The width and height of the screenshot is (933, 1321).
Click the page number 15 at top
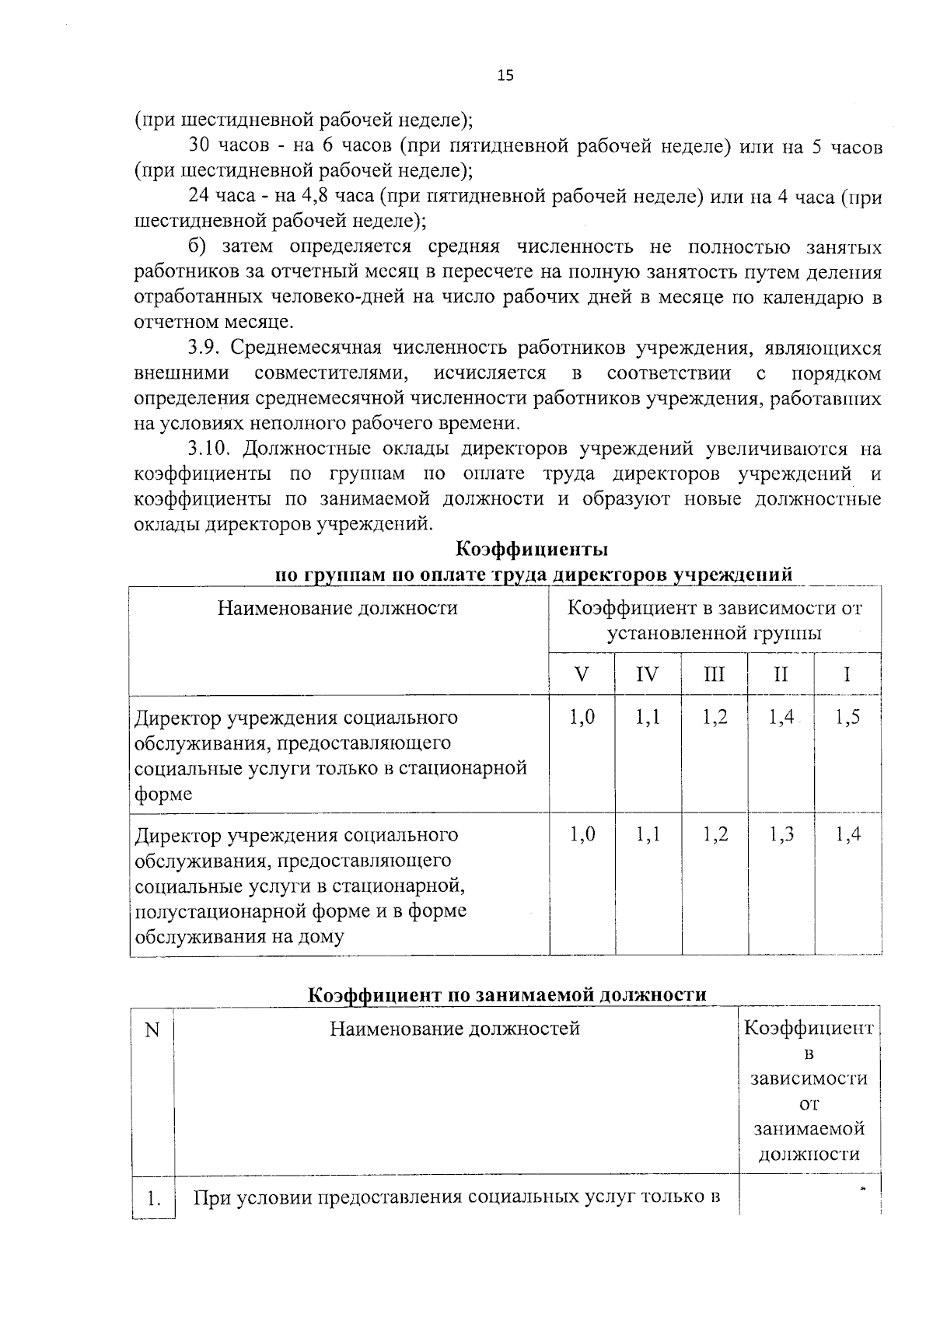tap(505, 75)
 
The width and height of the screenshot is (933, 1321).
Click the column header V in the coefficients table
tap(582, 673)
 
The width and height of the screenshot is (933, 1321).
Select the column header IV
tap(647, 673)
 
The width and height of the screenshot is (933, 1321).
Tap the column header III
tap(714, 673)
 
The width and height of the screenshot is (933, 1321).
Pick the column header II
tap(781, 673)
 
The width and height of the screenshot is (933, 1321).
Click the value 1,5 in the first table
tap(847, 718)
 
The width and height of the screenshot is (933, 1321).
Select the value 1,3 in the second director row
tap(781, 835)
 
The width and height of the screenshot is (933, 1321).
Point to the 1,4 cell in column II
tap(781, 718)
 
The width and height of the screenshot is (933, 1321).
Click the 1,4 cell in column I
tap(847, 835)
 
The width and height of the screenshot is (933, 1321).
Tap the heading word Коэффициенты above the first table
tap(531, 549)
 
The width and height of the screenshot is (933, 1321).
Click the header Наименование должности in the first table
tap(337, 608)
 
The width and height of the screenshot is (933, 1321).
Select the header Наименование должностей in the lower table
tap(455, 1029)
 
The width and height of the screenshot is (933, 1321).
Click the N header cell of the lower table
tap(152, 1030)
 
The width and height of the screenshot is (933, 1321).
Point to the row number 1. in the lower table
tap(153, 1200)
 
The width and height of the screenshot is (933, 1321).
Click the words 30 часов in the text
tap(225, 145)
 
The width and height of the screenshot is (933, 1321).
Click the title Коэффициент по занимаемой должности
tap(507, 995)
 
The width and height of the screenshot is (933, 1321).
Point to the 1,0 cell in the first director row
tap(582, 718)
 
